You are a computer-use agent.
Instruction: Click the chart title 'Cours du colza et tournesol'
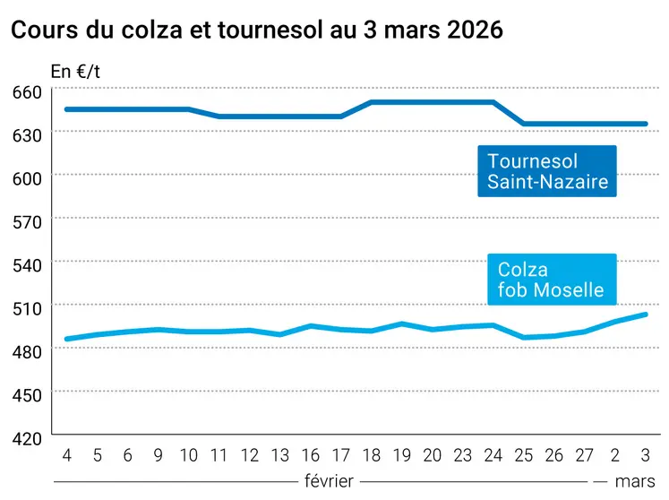pos(256,29)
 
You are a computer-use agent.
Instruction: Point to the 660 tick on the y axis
pos(28,91)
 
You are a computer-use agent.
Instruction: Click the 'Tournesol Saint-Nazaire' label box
pos(547,172)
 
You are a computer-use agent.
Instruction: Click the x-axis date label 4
pos(67,455)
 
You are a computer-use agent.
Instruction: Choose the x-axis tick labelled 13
pos(281,455)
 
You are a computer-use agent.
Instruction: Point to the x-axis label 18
pos(373,455)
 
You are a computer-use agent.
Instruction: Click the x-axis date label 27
pos(584,455)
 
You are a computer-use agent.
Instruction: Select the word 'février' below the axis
pos(329,480)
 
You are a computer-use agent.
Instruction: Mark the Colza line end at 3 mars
pos(645,315)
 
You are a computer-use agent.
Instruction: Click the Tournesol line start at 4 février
pos(67,109)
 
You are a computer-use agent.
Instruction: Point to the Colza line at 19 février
pos(403,324)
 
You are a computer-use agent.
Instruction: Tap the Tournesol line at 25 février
pos(524,124)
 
